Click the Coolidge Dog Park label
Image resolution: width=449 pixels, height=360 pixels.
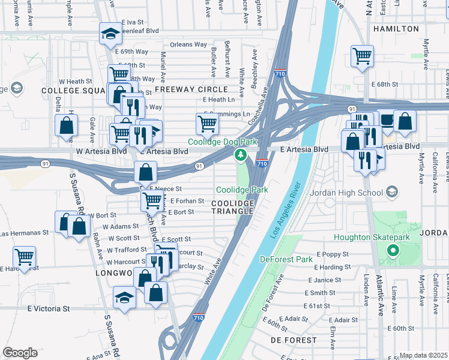[x=219, y=142]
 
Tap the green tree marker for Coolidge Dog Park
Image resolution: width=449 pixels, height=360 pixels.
[x=241, y=156]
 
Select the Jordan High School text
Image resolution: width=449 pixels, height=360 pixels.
[x=346, y=193]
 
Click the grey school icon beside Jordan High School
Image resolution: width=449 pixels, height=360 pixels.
[x=392, y=192]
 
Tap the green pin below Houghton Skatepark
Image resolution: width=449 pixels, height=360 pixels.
[x=393, y=251]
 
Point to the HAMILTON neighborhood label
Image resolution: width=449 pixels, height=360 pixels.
[x=396, y=28]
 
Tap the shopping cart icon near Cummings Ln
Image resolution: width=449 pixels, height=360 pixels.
[x=207, y=124]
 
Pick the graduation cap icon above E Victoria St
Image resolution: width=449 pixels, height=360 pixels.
[x=124, y=298]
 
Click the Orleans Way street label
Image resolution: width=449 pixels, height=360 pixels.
[x=188, y=44]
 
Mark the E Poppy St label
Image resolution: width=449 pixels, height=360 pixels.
[x=330, y=254]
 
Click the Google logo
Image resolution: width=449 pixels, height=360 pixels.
[x=20, y=353]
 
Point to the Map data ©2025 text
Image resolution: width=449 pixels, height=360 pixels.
[x=423, y=355]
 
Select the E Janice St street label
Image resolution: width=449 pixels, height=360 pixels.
[x=325, y=280]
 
